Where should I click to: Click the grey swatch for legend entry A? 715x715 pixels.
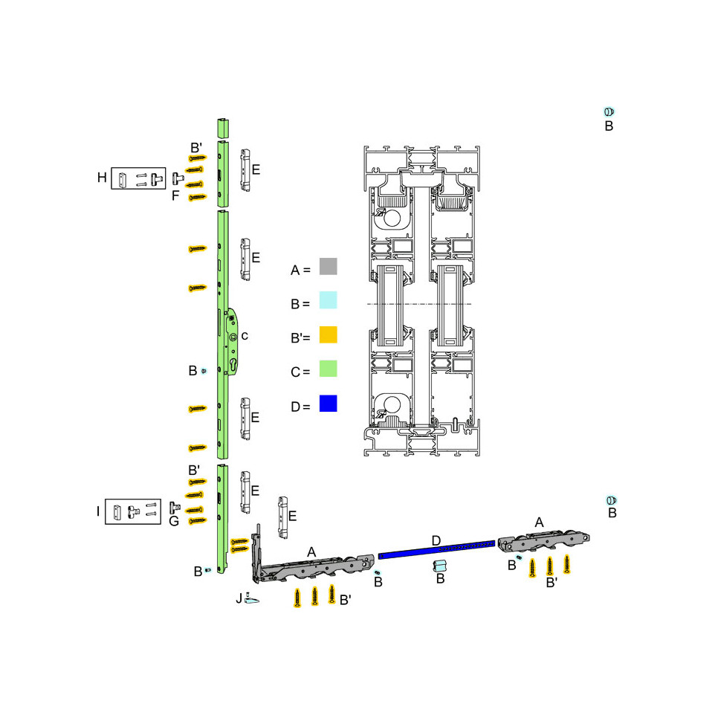[328, 266]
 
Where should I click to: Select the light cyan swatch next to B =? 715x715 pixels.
[328, 300]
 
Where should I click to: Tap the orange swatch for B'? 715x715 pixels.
[328, 334]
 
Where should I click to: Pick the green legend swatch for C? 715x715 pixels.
[328, 369]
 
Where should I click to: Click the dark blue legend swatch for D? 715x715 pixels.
[328, 404]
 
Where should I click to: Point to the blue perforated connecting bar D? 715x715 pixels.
[436, 549]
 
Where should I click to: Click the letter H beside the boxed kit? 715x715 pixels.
[102, 178]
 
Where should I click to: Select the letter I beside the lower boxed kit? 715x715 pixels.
[98, 511]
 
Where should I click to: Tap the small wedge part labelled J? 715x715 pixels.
[251, 598]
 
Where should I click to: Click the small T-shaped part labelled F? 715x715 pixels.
[178, 178]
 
